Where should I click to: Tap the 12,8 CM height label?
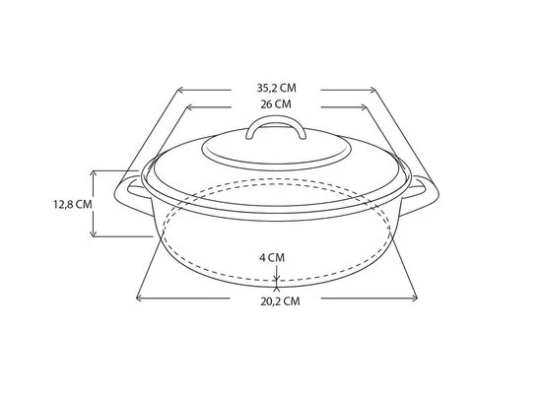72,204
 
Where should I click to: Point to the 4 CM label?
272,256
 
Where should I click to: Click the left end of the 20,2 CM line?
137,295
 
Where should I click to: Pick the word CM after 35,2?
288,88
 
